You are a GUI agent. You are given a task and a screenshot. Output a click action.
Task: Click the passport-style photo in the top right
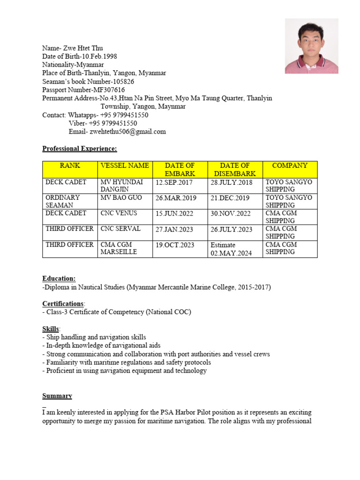(311, 46)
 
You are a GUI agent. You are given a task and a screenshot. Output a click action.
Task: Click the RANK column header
(70, 165)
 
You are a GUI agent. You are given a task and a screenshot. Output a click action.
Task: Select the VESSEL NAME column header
(125, 165)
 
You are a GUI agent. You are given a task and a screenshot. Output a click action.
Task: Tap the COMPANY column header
(290, 165)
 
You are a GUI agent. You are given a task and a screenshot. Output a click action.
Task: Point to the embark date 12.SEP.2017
(174, 182)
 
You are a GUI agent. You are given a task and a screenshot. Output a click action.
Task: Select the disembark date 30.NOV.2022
(231, 214)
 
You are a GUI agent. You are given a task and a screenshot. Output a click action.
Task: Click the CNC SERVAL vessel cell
(120, 229)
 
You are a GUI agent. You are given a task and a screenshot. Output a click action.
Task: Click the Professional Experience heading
(79, 149)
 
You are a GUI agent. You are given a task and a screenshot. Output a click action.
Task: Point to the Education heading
(59, 278)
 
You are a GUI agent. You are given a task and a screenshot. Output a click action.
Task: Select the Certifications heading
(63, 304)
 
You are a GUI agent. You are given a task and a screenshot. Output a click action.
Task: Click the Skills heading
(51, 329)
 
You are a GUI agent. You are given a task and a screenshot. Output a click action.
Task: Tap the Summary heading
(57, 396)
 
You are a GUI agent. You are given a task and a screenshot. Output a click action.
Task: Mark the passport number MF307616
(109, 90)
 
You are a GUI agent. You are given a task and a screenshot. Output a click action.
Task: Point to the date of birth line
(80, 56)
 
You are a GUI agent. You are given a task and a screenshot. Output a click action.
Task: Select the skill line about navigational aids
(101, 345)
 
